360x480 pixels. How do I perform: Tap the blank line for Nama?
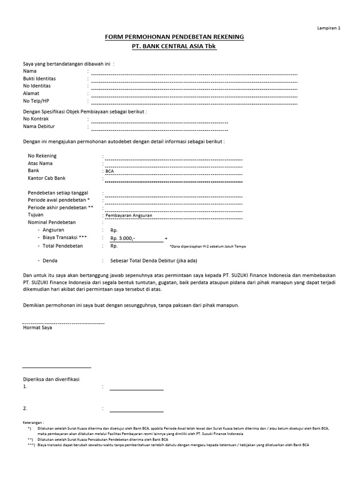194,73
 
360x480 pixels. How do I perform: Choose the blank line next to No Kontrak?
159,121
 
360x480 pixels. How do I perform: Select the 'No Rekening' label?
42,156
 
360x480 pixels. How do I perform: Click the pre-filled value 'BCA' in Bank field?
110,171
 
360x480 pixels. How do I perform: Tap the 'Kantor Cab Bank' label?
47,178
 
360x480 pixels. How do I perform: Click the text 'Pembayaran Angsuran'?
126,215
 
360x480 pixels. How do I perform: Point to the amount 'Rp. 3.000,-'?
123,239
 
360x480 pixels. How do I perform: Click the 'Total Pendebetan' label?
63,246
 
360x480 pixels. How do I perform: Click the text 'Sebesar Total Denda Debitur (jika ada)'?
153,261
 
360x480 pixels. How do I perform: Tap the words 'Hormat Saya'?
37,328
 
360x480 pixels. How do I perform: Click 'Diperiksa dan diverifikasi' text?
52,379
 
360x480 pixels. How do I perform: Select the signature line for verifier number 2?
136,411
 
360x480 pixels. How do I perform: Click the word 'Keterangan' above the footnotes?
33,422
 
